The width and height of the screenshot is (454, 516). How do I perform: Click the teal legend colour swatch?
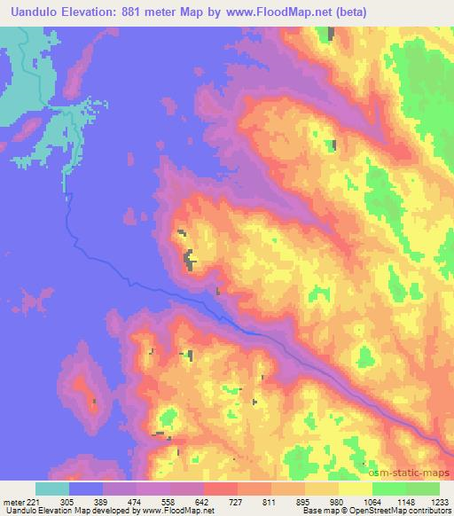click(52, 489)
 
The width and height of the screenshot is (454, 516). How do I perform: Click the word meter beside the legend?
click(12, 501)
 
